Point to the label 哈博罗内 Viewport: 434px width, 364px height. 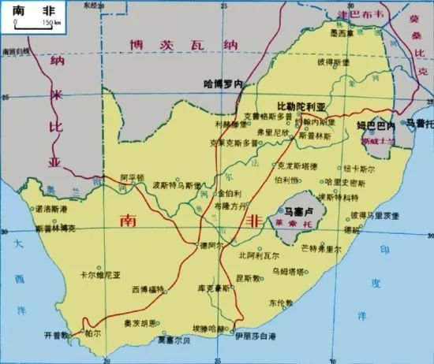tap(223, 82)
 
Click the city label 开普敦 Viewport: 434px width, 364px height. tap(59, 333)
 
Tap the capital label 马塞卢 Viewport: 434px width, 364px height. tap(301, 211)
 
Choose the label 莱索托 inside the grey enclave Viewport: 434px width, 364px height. tap(300, 224)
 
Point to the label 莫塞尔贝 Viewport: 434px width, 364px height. tap(173, 341)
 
